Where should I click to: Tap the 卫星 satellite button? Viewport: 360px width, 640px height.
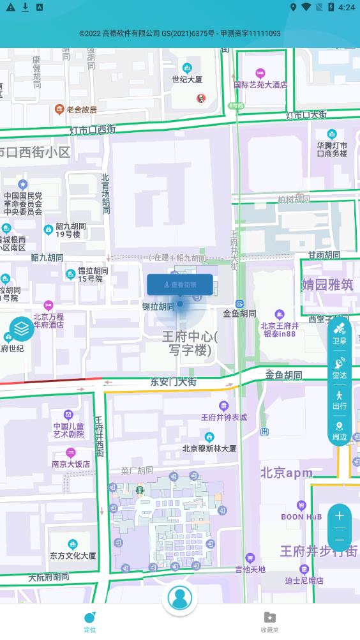[x=340, y=334]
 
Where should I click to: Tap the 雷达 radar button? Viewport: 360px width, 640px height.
[x=340, y=368]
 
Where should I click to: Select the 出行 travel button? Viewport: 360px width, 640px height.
[x=340, y=400]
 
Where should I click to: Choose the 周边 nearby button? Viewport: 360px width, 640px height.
[x=340, y=431]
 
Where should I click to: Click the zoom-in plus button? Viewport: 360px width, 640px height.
[x=340, y=515]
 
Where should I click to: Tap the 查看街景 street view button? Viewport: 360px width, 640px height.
[x=180, y=285]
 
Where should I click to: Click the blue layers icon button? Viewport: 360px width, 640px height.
[x=22, y=329]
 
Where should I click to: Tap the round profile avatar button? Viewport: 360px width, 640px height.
[x=180, y=598]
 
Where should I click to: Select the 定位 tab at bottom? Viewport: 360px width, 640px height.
[x=90, y=621]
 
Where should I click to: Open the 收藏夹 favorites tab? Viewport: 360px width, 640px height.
[x=270, y=621]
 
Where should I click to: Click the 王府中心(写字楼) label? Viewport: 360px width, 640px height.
[x=190, y=343]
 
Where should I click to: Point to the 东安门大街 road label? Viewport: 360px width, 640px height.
[x=173, y=382]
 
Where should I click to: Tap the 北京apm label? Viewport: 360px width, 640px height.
[x=286, y=473]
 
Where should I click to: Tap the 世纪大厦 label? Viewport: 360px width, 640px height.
[x=187, y=79]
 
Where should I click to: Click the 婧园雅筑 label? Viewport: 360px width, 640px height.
[x=327, y=284]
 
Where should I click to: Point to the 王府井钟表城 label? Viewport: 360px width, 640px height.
[x=223, y=417]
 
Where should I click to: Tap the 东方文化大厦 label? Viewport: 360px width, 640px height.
[x=73, y=556]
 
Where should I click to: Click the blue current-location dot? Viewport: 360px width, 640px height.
[x=180, y=304]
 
